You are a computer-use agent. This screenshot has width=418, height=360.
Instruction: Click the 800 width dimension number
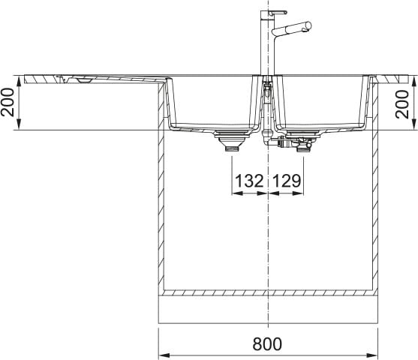(267, 343)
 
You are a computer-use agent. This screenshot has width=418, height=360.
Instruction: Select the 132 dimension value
(249, 181)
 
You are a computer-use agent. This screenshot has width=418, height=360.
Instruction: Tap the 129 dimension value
(287, 181)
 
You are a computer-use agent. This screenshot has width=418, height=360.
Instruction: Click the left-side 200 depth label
(8, 102)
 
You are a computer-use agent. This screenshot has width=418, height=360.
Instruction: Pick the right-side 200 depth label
(402, 104)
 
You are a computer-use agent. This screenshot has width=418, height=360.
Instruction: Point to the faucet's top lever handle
(278, 12)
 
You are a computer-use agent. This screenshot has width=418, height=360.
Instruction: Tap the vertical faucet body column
(267, 43)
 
